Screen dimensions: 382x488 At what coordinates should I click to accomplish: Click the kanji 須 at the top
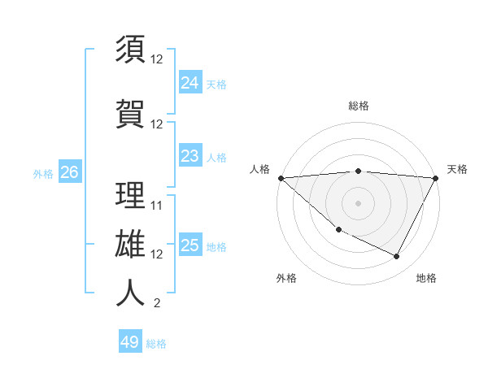130,50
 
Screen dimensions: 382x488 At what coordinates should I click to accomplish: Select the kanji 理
130,196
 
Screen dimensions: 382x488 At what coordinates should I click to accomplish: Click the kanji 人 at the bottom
130,293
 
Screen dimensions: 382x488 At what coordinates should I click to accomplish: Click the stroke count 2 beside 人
157,304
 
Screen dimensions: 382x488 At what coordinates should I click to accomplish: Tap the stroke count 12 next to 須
157,59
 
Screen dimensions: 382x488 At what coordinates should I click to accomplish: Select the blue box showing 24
190,83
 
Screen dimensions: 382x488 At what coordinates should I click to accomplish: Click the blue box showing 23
190,156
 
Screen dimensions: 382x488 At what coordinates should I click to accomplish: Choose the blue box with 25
190,246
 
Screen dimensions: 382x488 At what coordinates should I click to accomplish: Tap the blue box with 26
69,172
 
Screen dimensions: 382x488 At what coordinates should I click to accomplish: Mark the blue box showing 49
130,342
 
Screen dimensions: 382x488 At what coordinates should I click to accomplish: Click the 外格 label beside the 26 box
43,173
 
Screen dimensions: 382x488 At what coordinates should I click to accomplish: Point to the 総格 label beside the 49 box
156,344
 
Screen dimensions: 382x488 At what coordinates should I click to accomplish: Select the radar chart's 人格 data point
281,178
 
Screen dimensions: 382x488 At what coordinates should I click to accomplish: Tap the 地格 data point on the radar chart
397,257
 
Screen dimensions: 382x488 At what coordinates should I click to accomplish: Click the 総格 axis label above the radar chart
359,106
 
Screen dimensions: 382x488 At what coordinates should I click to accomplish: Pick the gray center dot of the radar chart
359,203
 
